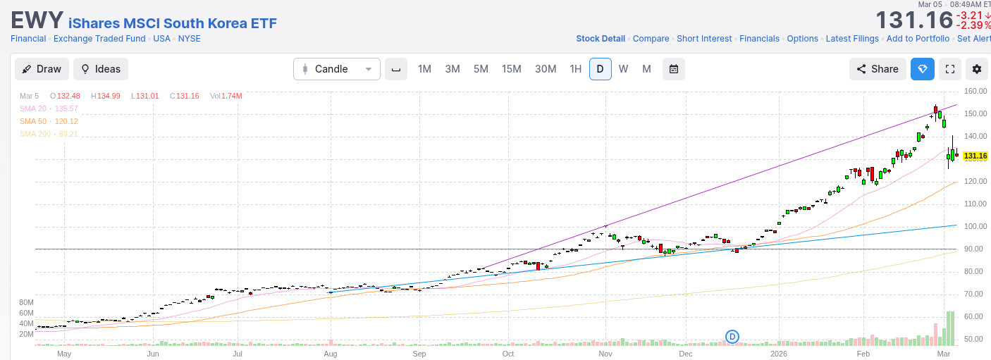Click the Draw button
(42, 69)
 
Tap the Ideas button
(101, 69)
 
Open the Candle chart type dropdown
(336, 69)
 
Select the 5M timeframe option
(481, 69)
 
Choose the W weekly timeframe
(623, 69)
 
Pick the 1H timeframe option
(576, 69)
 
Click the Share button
(878, 69)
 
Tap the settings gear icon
(976, 69)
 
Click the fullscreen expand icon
(949, 69)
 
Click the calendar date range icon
(673, 69)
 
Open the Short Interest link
(704, 39)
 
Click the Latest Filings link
(852, 39)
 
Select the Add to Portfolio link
(918, 39)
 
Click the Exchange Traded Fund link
(99, 39)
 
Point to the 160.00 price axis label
(975, 91)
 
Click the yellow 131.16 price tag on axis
(975, 156)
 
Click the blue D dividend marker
(732, 337)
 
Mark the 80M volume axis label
(27, 302)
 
